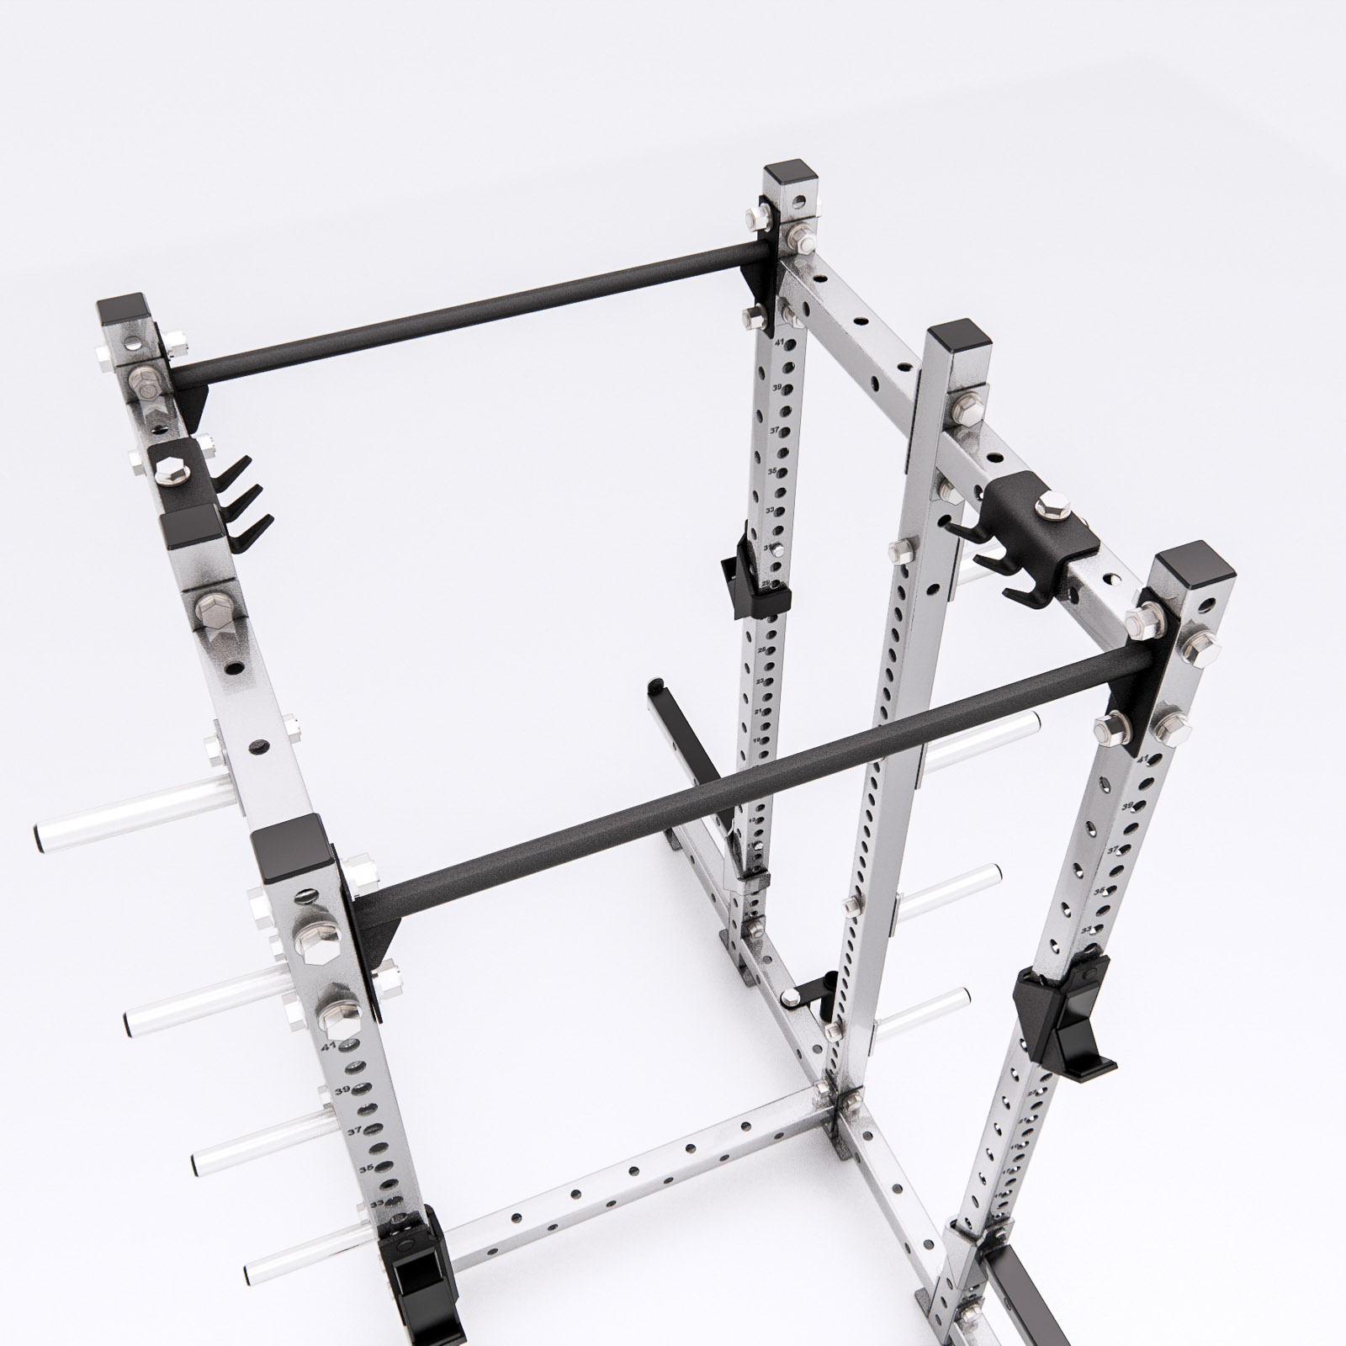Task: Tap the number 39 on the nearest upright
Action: (342, 1091)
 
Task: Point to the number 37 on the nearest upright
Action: (354, 1131)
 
